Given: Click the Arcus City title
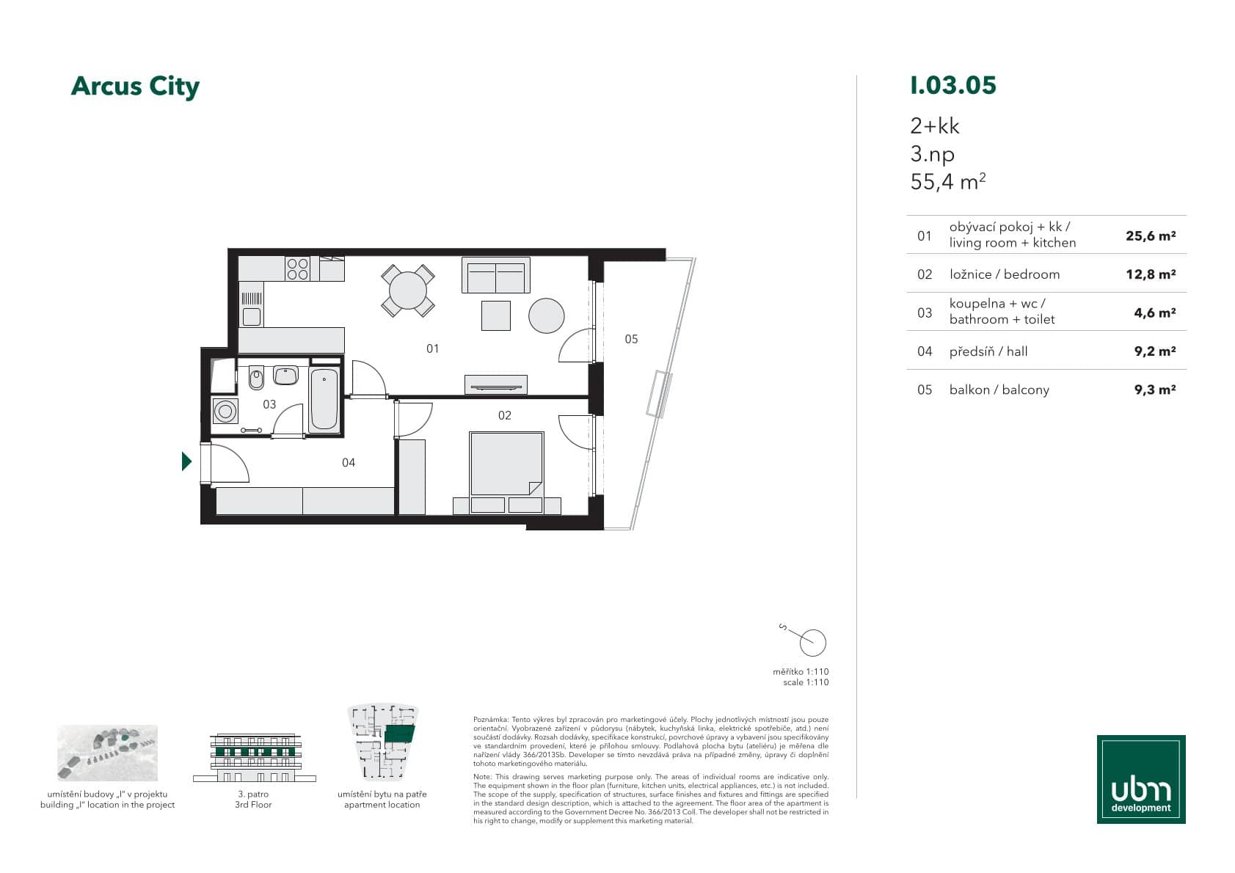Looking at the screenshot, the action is click(135, 87).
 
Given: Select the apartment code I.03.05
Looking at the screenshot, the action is click(953, 85).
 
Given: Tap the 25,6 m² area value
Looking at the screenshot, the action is click(1151, 236).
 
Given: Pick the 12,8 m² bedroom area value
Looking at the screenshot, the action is click(1151, 274).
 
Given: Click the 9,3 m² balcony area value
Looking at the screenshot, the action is click(1154, 390).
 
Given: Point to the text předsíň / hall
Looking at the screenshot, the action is click(988, 351).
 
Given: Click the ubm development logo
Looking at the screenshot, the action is click(1141, 779).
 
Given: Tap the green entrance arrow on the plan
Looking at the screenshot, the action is click(187, 461).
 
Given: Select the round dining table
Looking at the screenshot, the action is click(408, 291).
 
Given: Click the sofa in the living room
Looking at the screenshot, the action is click(495, 275).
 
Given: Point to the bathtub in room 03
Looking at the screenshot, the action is click(324, 400).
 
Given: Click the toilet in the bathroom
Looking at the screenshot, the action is click(256, 378).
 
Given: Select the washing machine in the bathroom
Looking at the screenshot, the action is click(225, 411).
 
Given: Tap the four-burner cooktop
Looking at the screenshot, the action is click(298, 269).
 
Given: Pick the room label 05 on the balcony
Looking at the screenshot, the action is click(631, 339).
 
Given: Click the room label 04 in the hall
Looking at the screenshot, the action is click(349, 462).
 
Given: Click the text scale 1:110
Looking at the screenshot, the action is click(806, 682).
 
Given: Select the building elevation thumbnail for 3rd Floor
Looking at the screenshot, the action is click(255, 757).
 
